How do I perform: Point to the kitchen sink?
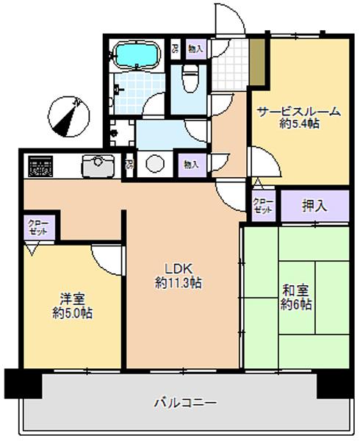tap(96, 166)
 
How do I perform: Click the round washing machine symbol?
tap(155, 163)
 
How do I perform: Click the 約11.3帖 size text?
tap(179, 282)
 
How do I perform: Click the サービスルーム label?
tap(298, 112)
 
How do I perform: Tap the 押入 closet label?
tap(314, 207)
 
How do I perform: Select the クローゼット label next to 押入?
tap(262, 207)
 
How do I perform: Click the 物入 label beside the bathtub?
tap(195, 49)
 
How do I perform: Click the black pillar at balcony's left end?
tap(18, 383)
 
